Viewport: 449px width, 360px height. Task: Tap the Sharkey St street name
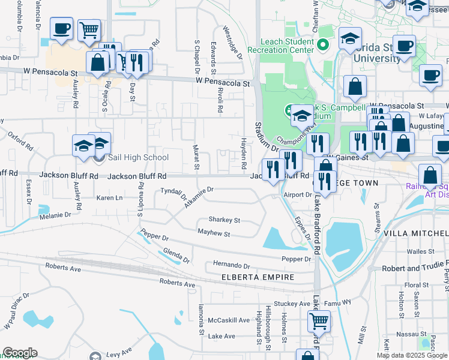coord(224,220)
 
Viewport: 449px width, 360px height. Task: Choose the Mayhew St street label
coord(214,233)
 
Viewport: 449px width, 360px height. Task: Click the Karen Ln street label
coord(109,197)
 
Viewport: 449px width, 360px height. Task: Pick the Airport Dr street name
coord(298,194)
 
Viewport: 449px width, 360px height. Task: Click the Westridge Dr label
coord(232,43)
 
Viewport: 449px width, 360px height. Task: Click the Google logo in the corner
coord(20,353)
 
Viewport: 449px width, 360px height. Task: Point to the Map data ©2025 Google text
coord(412,355)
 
